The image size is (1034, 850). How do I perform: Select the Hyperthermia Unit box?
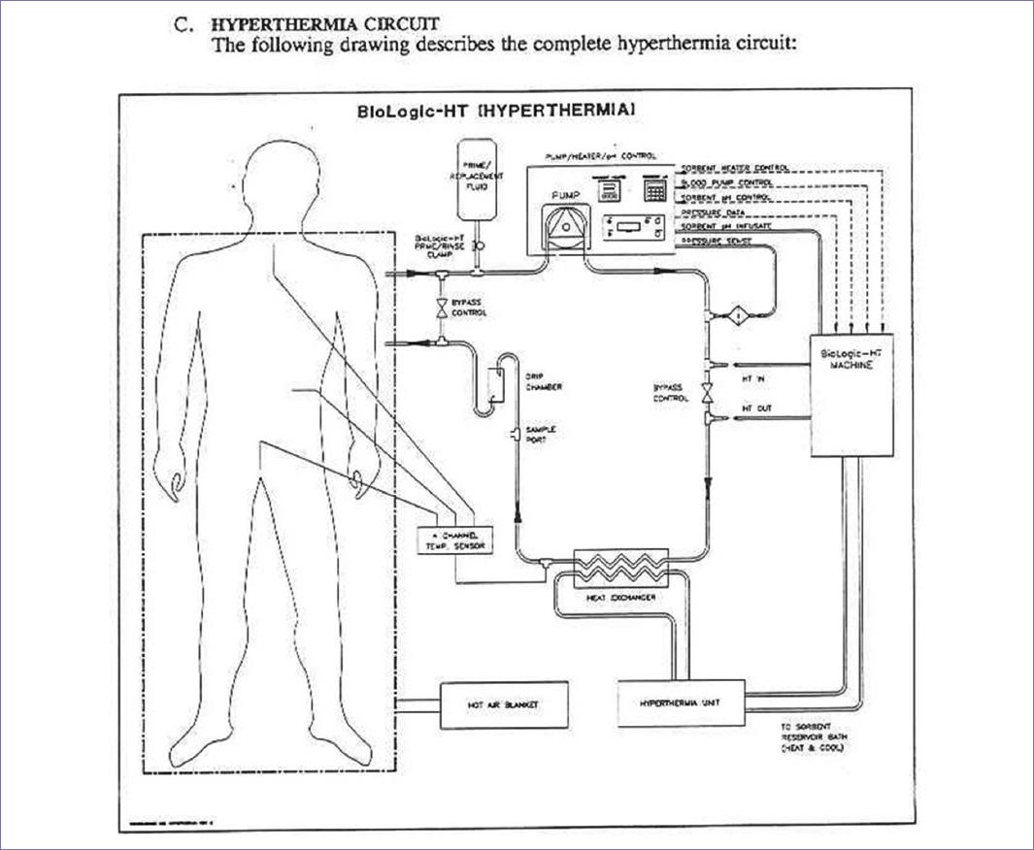[680, 702]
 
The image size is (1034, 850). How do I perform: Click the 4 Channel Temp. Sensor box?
[453, 540]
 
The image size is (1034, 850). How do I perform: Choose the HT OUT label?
[756, 409]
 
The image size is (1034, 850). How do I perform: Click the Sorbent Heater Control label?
[735, 168]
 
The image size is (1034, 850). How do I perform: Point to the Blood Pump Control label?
[727, 182]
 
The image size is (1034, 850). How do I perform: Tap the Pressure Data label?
[714, 211]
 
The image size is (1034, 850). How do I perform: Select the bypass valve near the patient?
[443, 308]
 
